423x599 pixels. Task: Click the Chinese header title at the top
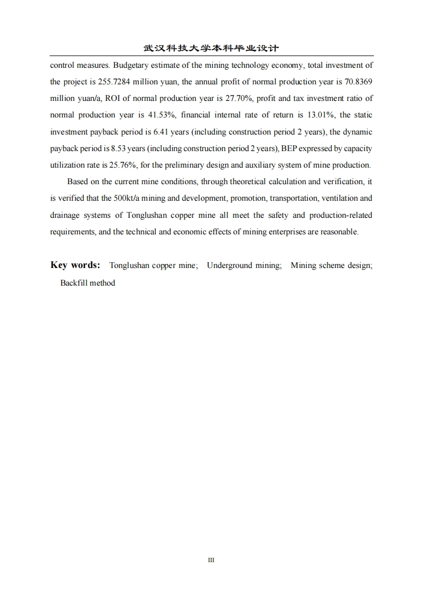211,48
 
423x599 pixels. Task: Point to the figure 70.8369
356,82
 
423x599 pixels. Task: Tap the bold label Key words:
75,265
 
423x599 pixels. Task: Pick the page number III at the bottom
211,560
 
